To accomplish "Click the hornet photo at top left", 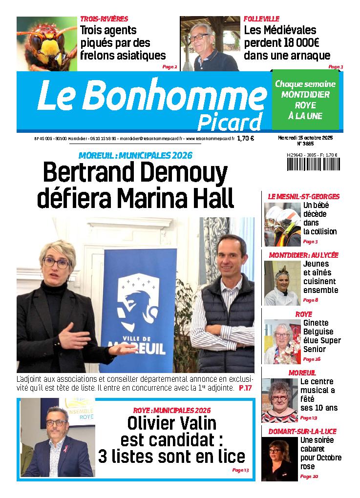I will point(47,43).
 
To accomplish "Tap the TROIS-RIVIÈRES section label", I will point(104,19).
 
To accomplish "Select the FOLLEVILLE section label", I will point(262,19).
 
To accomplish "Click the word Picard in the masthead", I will point(229,122).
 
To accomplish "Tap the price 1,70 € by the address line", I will point(245,138).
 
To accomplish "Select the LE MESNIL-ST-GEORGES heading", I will point(303,196).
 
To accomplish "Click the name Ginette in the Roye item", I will point(316,323).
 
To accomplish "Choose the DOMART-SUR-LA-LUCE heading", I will point(302,432).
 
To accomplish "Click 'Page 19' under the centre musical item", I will point(308,417).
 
